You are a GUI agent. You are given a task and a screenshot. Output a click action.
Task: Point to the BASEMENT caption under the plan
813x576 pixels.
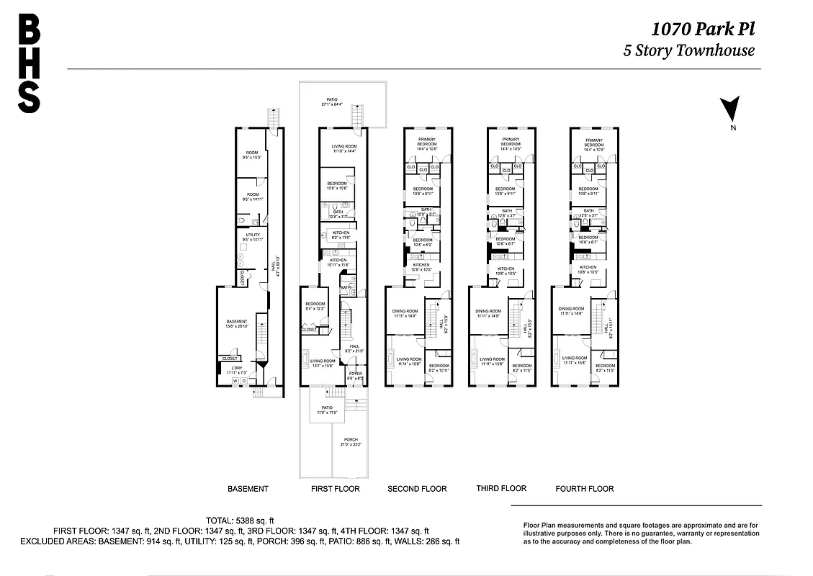point(248,489)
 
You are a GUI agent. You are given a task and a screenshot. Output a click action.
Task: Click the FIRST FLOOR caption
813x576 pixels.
point(335,489)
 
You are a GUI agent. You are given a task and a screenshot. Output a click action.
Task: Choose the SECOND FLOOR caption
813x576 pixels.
point(417,489)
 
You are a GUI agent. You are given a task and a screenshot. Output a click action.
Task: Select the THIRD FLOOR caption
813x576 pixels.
point(501,488)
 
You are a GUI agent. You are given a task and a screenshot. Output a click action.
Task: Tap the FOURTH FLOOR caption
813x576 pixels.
point(584,489)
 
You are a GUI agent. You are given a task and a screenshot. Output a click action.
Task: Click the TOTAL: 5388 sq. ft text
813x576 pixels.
point(240,520)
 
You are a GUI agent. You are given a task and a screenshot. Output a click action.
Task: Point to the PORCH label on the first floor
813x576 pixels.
point(351,439)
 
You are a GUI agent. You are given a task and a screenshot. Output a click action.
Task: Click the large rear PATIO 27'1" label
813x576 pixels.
point(331,100)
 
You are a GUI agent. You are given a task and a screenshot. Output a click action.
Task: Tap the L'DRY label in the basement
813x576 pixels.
point(236,369)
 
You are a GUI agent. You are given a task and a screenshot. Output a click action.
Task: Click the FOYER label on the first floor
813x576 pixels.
point(356,374)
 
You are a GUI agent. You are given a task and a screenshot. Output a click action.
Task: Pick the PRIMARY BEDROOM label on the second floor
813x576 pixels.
point(428,143)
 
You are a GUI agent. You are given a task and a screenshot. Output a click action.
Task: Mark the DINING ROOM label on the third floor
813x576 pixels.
point(488,311)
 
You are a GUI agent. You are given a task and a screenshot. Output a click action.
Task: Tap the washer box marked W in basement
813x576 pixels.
point(235,381)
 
